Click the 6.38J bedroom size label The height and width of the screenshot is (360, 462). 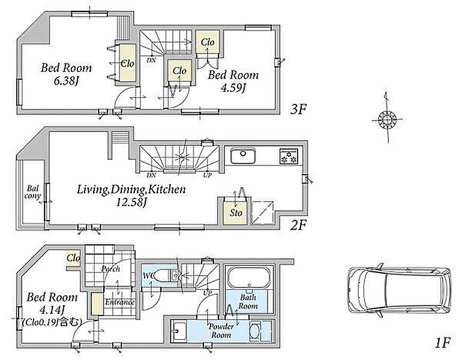tap(66, 81)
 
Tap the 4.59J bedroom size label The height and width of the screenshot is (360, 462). tap(233, 88)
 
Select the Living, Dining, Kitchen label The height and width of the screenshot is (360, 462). tap(131, 189)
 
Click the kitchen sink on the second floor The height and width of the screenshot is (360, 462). tap(243, 156)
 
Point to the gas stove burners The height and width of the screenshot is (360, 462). tap(289, 156)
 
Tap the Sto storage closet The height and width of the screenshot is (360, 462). tap(235, 212)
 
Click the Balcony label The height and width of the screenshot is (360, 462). tap(32, 192)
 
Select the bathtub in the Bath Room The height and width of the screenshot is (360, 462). tap(249, 278)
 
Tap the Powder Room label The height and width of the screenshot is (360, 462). tap(221, 331)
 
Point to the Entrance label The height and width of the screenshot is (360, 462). tap(119, 302)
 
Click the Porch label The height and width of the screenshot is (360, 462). tap(110, 268)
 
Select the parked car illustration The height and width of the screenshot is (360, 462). tap(399, 290)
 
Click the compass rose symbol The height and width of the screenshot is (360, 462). tap(386, 120)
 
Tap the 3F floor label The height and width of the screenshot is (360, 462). tap(298, 110)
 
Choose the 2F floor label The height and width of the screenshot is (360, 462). tap(298, 226)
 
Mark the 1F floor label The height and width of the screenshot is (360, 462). tap(443, 343)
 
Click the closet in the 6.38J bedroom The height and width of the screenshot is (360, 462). tap(128, 63)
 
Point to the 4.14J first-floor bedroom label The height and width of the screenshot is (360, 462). tap(52, 309)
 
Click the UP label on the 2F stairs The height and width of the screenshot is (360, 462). tap(208, 175)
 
